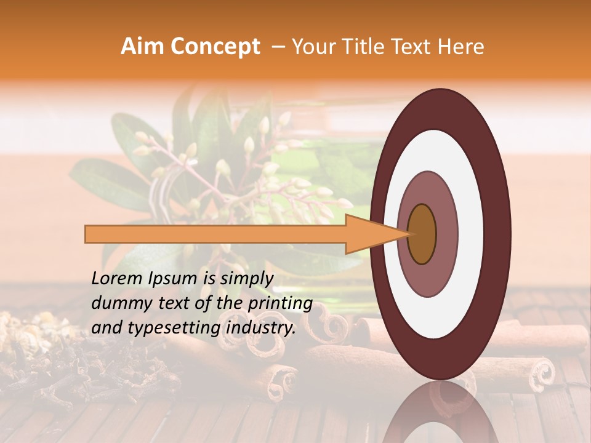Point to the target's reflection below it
click(x=440, y=412)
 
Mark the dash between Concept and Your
click(x=278, y=47)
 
